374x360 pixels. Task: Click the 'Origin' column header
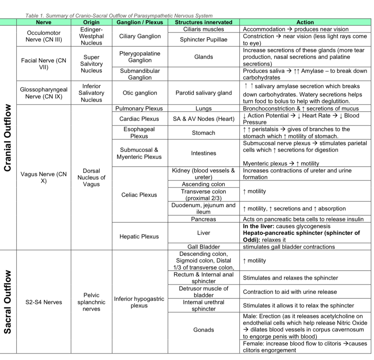[91, 22]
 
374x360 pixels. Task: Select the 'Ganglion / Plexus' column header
[140, 22]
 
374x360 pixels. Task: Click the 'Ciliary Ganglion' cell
[140, 36]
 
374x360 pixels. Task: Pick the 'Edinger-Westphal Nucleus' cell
[91, 36]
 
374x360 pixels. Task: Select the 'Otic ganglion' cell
[140, 93]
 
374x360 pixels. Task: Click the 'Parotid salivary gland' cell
[204, 93]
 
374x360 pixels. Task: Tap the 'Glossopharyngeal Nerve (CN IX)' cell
[44, 93]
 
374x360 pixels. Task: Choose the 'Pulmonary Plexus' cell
[139, 108]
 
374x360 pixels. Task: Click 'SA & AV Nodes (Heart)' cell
[204, 119]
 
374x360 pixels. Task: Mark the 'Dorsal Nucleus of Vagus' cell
[91, 177]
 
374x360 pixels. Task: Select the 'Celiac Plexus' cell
[139, 195]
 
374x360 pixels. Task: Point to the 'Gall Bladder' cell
[204, 247]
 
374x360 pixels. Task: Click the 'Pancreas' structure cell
[204, 219]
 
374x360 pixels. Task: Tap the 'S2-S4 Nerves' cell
[44, 302]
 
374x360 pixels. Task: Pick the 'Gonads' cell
[204, 330]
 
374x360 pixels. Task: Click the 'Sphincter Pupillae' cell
[204, 40]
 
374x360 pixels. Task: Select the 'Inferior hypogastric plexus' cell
[139, 302]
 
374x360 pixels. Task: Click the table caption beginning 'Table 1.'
[119, 16]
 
